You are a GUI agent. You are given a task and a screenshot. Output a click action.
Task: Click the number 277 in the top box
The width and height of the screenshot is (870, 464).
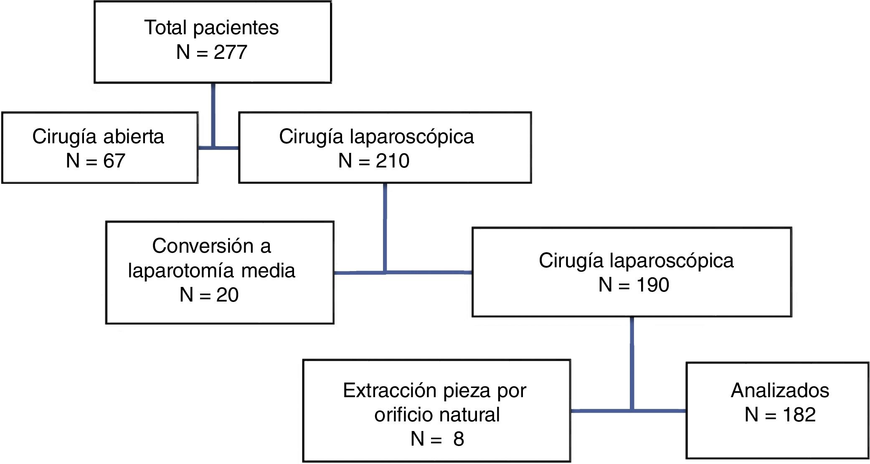pos(231,52)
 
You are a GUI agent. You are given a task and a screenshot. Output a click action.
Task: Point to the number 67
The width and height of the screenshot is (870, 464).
pos(114,161)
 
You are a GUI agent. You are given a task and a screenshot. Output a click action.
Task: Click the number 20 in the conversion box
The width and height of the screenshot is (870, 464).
pos(227,295)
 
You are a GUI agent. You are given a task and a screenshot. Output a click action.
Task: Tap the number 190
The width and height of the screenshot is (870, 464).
pos(652,285)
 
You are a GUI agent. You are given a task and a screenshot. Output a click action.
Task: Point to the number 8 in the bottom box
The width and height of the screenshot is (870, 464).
pos(459,439)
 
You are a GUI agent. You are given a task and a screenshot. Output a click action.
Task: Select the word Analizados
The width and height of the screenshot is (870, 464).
pos(780,390)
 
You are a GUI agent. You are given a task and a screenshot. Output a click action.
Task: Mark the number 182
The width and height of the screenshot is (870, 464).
pos(799,415)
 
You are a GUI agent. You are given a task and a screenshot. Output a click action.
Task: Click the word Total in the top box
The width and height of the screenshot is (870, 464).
pos(165,28)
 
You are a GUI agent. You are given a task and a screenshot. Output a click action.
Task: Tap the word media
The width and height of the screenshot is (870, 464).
pos(268,270)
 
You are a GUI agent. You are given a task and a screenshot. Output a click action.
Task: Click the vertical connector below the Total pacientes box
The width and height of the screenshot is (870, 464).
pos(213,113)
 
